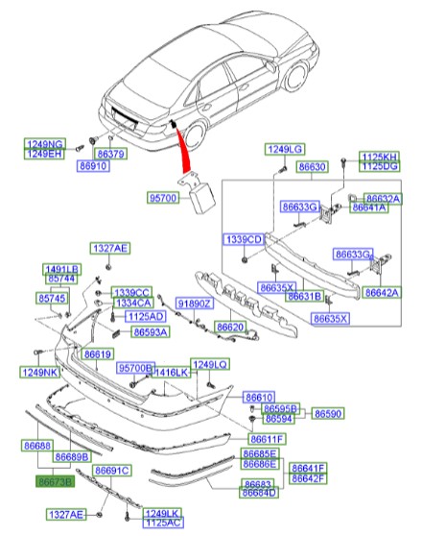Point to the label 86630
(312, 166)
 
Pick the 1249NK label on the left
(40, 371)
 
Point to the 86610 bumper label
(259, 397)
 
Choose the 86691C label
(112, 470)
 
